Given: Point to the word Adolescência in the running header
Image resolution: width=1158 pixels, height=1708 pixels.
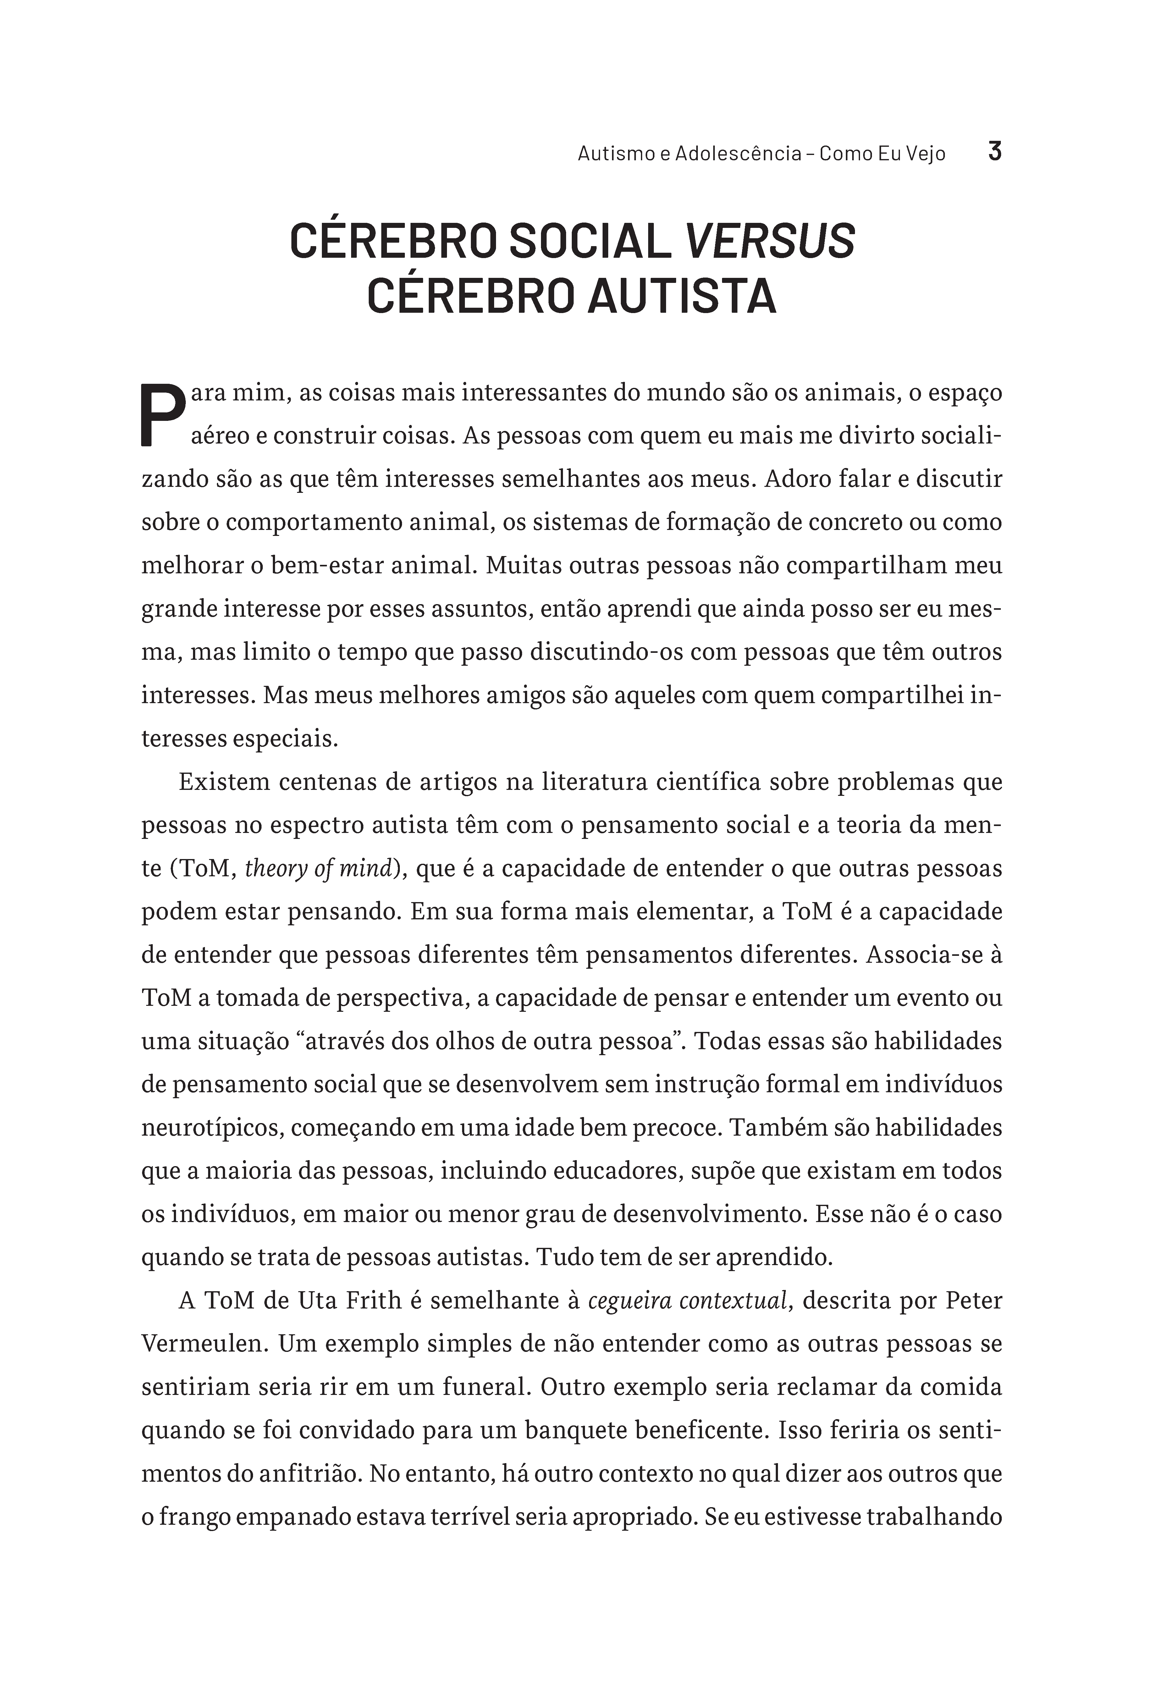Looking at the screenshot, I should click(738, 154).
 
